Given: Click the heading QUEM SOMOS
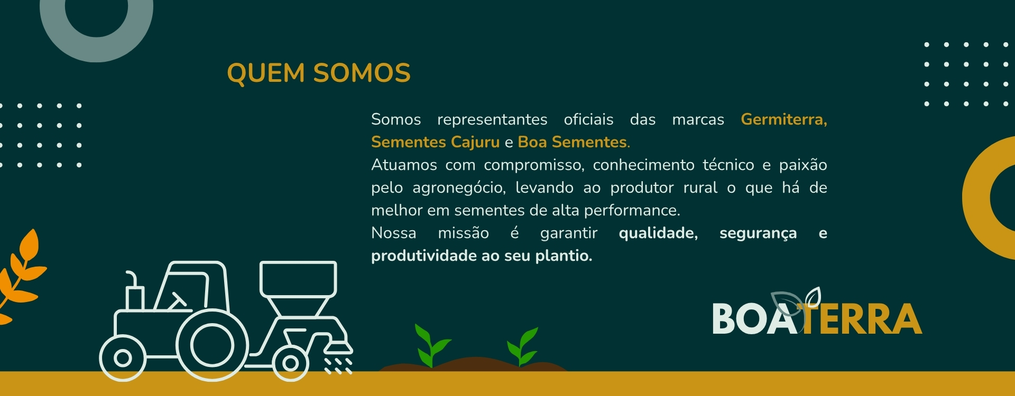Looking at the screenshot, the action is [319, 73].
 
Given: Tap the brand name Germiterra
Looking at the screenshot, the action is [783, 120].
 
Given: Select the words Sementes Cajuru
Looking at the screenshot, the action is [435, 143].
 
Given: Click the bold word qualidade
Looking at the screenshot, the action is [658, 233].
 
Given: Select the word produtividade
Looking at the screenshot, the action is [424, 256].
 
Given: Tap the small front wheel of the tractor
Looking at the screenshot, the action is [122, 358].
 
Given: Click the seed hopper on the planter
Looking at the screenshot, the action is [298, 288].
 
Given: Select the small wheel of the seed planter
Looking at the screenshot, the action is [290, 363].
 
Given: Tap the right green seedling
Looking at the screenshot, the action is [522, 346].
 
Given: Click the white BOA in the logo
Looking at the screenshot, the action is [754, 319].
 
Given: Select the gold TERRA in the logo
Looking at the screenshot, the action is [862, 319].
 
